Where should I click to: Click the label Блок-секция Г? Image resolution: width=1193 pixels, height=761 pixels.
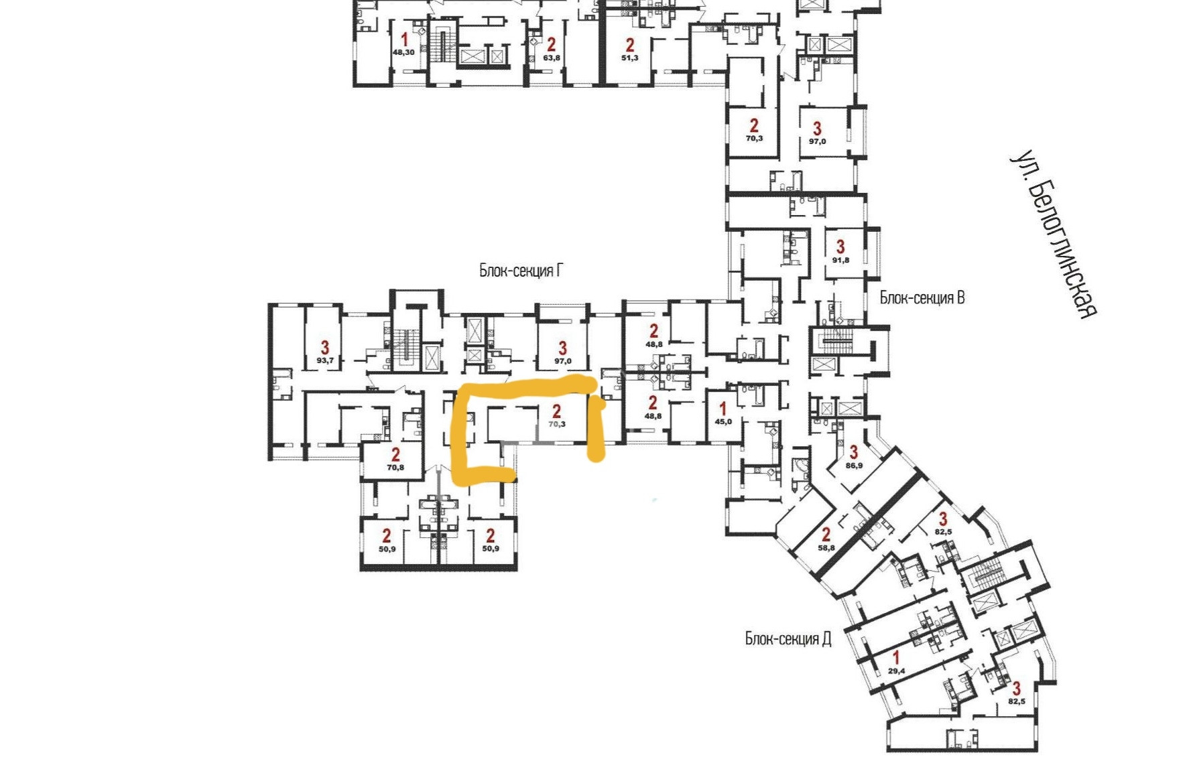521,271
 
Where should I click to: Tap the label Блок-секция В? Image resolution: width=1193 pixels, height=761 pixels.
922,298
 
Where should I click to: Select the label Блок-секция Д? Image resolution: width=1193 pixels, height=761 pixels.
788,638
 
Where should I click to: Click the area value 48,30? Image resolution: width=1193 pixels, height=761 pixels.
403,52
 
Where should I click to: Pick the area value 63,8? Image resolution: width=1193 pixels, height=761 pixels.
552,58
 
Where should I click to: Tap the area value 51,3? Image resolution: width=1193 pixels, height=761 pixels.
630,58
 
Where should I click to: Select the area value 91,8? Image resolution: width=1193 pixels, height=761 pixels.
840,261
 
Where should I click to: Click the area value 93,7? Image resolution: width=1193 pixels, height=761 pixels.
325,360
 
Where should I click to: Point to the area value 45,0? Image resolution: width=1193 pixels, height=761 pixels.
723,422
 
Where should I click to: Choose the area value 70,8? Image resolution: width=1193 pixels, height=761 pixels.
395,468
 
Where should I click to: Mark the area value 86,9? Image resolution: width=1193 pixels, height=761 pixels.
854,465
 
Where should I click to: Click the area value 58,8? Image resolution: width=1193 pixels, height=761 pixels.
826,548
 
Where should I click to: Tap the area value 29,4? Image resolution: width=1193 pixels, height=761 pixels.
897,671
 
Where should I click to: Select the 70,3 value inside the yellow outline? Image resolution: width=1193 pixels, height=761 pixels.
557,424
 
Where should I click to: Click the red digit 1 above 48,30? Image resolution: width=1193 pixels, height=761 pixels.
404,40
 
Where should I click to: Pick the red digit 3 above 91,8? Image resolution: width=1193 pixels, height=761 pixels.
840,247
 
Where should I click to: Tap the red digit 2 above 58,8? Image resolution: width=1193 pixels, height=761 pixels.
826,535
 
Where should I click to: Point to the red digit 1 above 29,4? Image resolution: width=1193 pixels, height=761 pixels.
896,659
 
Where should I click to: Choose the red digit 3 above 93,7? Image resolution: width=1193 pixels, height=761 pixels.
325,347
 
